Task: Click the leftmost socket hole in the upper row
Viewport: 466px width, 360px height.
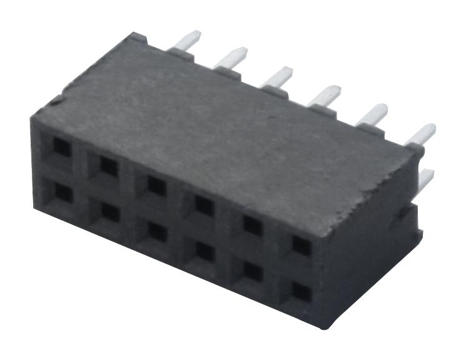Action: [62, 148]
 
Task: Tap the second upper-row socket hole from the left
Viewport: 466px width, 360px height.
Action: [109, 167]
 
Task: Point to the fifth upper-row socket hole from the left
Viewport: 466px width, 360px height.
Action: [252, 225]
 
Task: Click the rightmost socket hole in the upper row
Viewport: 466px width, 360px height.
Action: [301, 245]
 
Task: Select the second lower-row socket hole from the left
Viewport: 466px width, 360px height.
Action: [110, 213]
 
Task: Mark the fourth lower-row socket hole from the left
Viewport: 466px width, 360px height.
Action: [204, 252]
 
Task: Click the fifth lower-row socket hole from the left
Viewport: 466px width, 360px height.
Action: [252, 271]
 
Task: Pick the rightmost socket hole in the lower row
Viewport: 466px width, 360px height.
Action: [301, 292]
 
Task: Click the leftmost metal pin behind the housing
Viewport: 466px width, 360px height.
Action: [186, 41]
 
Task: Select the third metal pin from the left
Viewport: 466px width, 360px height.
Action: [277, 76]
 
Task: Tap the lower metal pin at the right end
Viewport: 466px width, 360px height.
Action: [425, 179]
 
